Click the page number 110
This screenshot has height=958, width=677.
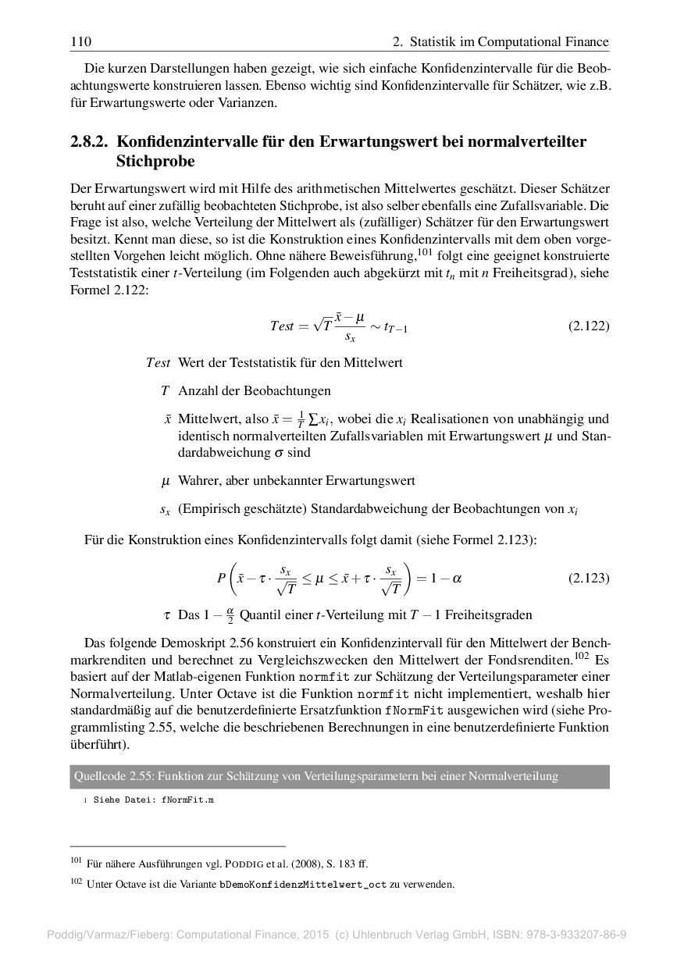click(x=80, y=41)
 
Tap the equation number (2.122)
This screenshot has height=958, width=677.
click(x=588, y=326)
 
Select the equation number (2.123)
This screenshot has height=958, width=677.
click(x=588, y=579)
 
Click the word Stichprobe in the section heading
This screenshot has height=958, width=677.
click(x=155, y=162)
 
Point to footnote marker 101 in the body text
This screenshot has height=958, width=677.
click(x=426, y=251)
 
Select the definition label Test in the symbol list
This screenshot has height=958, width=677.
click(x=158, y=363)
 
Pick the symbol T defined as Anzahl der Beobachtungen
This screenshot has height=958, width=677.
click(x=165, y=390)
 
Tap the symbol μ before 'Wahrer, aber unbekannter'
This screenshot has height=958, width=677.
click(x=165, y=481)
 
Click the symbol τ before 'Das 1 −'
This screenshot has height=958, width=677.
click(x=167, y=615)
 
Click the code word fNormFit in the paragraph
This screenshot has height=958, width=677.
click(x=410, y=710)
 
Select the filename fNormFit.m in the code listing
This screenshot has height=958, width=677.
click(x=187, y=801)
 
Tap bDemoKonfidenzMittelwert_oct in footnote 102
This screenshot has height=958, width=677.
click(x=303, y=885)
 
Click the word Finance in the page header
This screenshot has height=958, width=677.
click(x=586, y=41)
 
